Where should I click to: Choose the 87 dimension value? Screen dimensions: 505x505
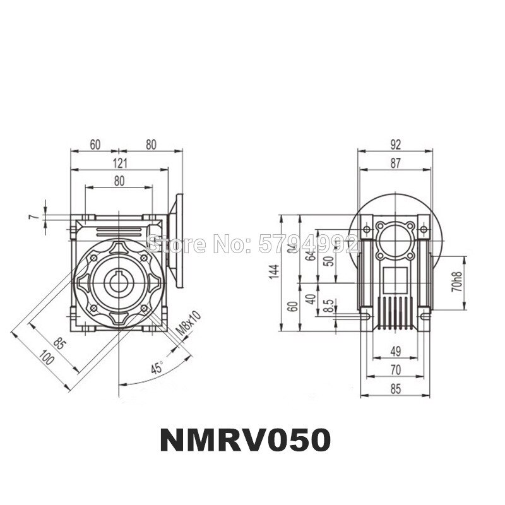point(395,163)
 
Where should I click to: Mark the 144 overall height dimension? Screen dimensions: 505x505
point(273,271)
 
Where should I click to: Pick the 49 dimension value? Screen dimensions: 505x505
point(395,350)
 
